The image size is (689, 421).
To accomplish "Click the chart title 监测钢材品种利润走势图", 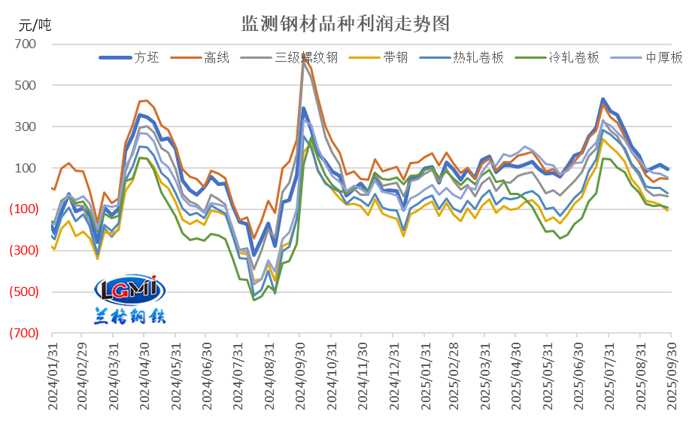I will (x=345, y=23).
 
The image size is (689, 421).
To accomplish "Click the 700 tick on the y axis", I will (x=26, y=44).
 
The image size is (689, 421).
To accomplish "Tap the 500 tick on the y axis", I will (x=26, y=86).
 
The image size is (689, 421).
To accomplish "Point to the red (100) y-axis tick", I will (x=20, y=209).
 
